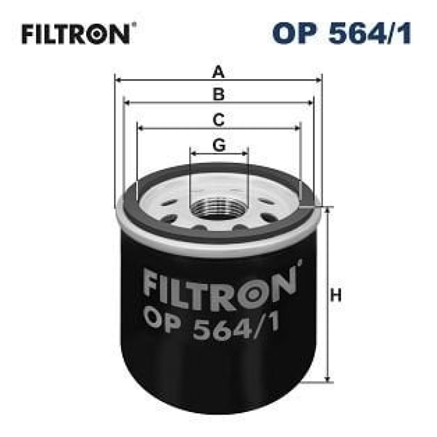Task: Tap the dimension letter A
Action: pyautogui.click(x=218, y=72)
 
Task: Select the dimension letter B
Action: pyautogui.click(x=219, y=95)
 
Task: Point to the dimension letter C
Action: pyautogui.click(x=219, y=119)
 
